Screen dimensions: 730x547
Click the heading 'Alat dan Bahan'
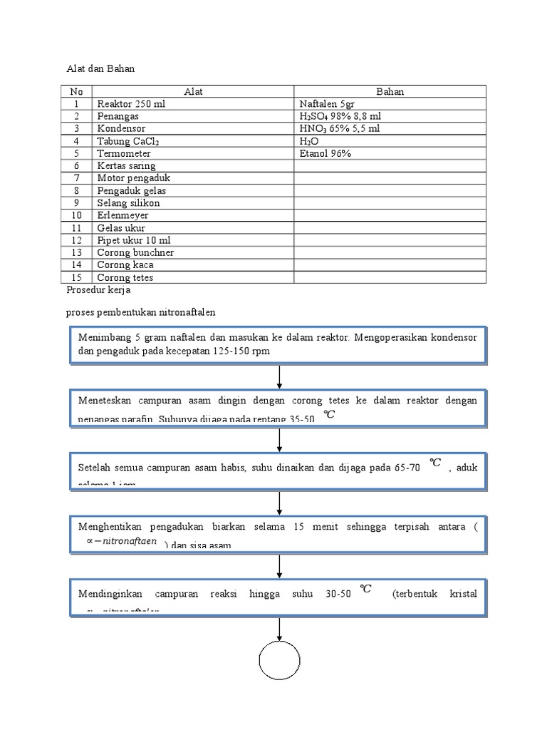coord(100,69)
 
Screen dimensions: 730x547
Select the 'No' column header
coord(77,91)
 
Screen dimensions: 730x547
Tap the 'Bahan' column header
coord(390,91)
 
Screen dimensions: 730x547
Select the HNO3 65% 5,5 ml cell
coord(340,128)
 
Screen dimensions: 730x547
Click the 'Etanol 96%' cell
coord(325,153)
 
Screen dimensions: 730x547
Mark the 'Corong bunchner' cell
coord(135,252)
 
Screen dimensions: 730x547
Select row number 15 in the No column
coord(77,277)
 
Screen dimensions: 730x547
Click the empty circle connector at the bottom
coord(278,662)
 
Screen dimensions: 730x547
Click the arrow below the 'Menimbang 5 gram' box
coord(278,376)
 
